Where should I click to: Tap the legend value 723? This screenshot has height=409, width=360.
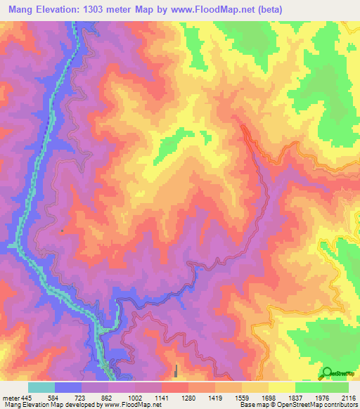coord(82,397)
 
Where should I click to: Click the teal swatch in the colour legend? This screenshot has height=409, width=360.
coord(41,387)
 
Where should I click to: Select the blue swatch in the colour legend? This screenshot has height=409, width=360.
coord(68,387)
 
